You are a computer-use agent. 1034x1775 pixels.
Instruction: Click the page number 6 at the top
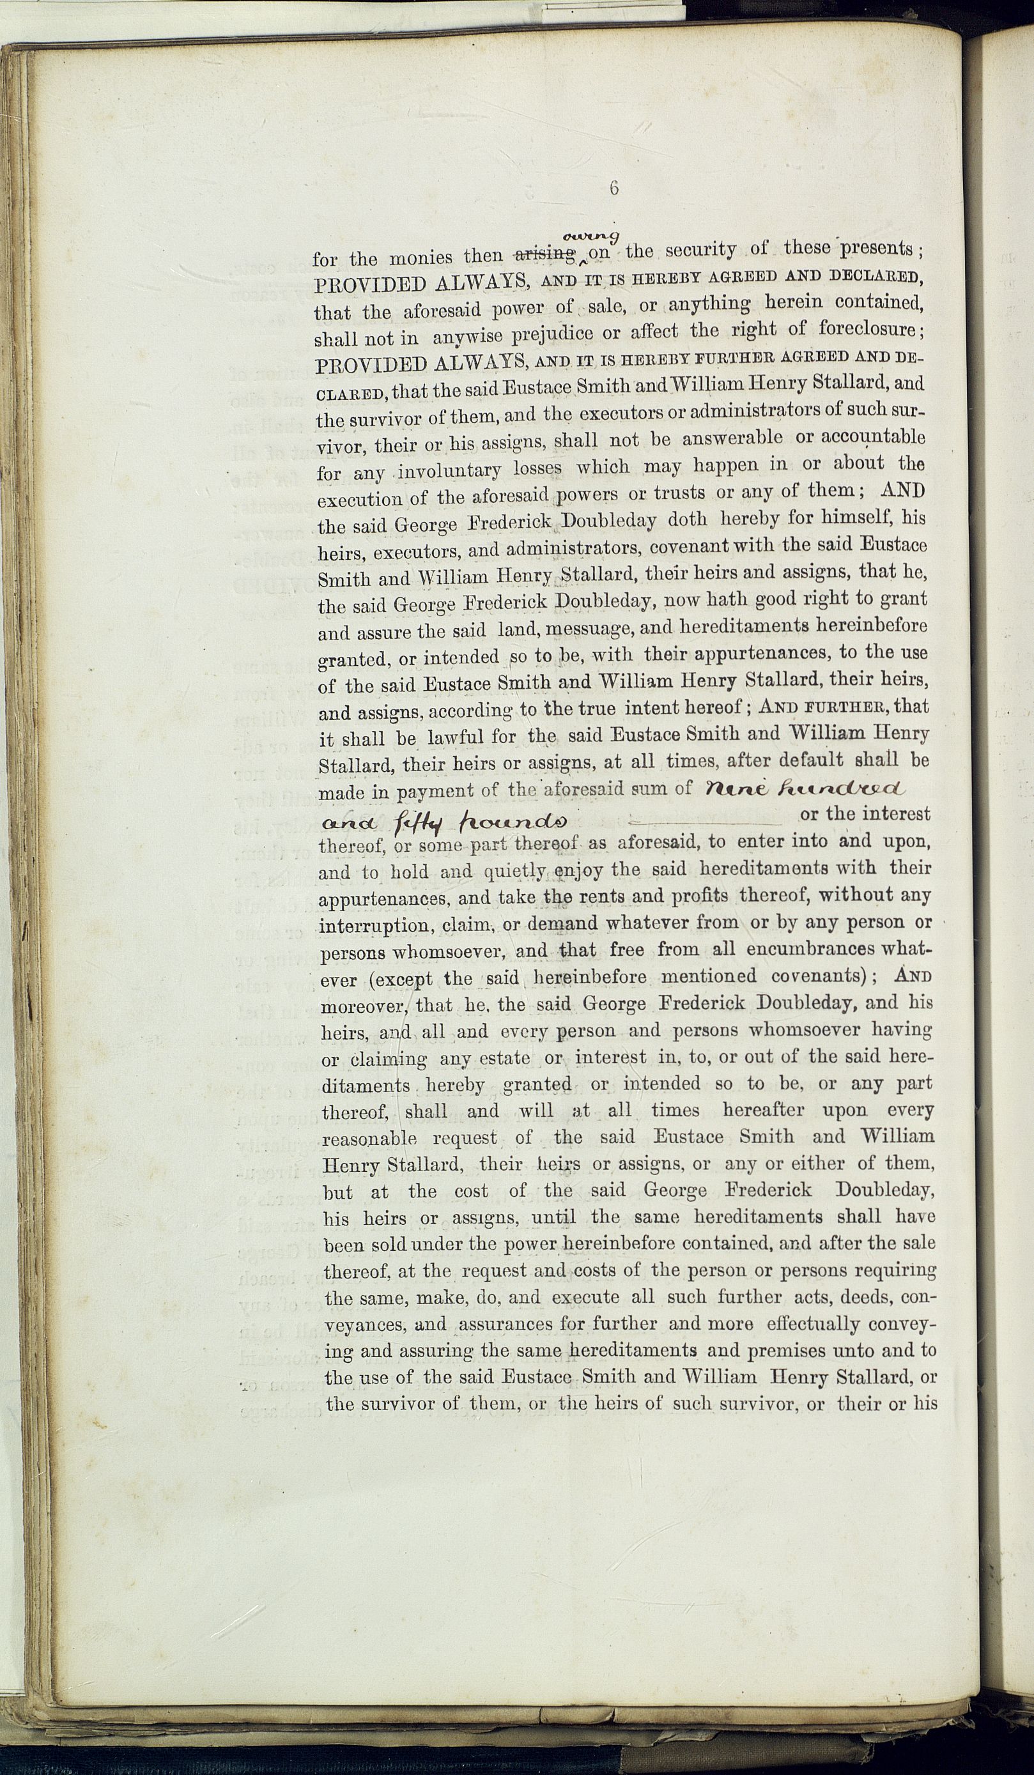614,188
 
